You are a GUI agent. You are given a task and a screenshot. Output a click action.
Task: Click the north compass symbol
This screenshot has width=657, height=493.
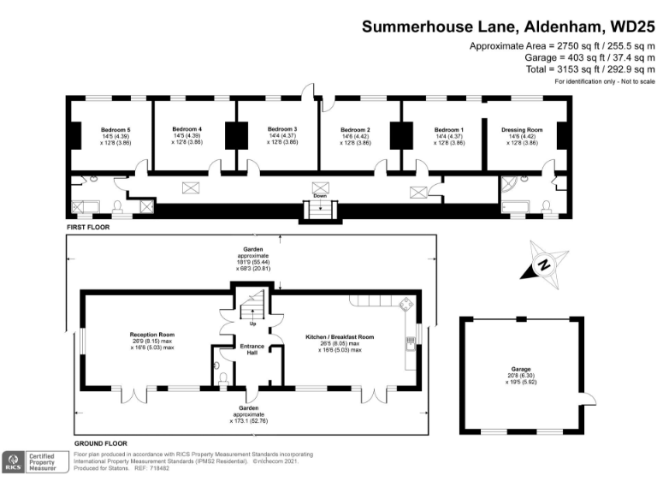pyautogui.click(x=544, y=267)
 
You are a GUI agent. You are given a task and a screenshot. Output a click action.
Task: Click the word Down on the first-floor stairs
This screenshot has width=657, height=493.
pyautogui.click(x=319, y=195)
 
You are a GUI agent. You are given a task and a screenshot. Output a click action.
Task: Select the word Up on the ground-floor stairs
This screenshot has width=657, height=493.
pyautogui.click(x=252, y=324)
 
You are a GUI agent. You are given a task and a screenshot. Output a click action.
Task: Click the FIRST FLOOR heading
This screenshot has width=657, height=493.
pyautogui.click(x=88, y=229)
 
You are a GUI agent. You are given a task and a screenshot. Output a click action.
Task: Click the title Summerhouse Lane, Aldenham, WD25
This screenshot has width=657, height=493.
pyautogui.click(x=508, y=26)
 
